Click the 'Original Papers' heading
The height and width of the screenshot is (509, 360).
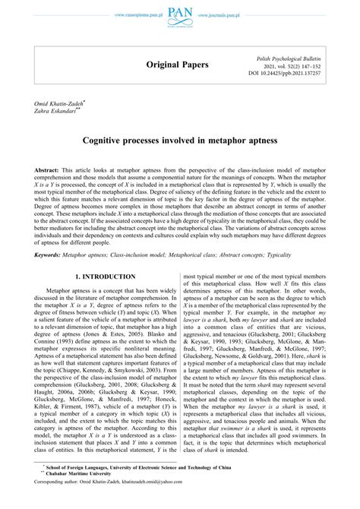pyautogui.click(x=178, y=65)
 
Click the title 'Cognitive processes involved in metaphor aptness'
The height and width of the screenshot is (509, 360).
pyautogui.click(x=179, y=141)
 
